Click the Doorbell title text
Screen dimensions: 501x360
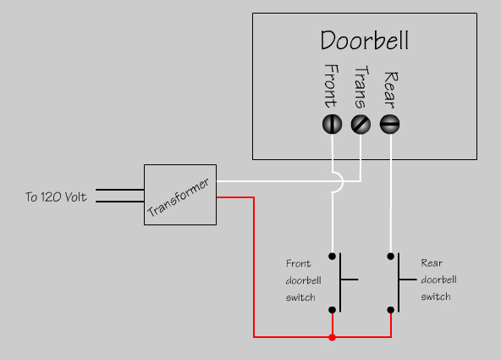tap(365, 41)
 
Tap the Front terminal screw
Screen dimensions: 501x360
tap(332, 124)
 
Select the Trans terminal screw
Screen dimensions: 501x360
tap(361, 124)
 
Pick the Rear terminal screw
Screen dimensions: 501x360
tap(390, 124)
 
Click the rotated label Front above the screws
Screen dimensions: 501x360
tap(331, 86)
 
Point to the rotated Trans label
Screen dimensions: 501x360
tap(361, 87)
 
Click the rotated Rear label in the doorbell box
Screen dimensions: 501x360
tap(390, 90)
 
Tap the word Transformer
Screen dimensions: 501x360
tap(179, 197)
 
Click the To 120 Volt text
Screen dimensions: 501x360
tap(56, 197)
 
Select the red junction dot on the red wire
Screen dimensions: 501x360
tap(333, 337)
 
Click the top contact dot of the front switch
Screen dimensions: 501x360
tap(333, 256)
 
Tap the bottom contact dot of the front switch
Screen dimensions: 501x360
tap(333, 310)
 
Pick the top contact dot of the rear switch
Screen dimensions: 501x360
tap(390, 256)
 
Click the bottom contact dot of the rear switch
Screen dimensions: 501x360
tap(390, 310)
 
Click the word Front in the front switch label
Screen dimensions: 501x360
tap(298, 263)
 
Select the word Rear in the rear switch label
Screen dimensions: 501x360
tap(432, 263)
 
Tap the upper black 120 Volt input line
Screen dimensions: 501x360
tap(120, 190)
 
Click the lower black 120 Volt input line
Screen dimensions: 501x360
tap(120, 202)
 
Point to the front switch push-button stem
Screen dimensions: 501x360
tap(350, 280)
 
